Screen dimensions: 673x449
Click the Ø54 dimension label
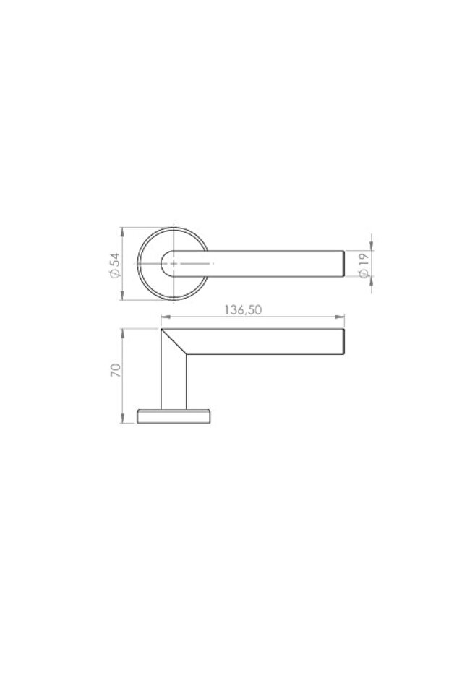pos(114,264)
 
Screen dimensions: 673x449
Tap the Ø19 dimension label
pos(364,265)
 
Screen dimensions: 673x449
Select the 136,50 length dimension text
pos(242,309)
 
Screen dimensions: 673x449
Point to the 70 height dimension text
pos(114,372)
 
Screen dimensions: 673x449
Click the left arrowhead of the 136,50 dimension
pos(164,316)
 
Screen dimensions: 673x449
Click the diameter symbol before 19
pos(364,275)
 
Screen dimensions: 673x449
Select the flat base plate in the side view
pos(174,415)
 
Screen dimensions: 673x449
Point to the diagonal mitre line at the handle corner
pos(174,342)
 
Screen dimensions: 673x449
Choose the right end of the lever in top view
pos(342,264)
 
